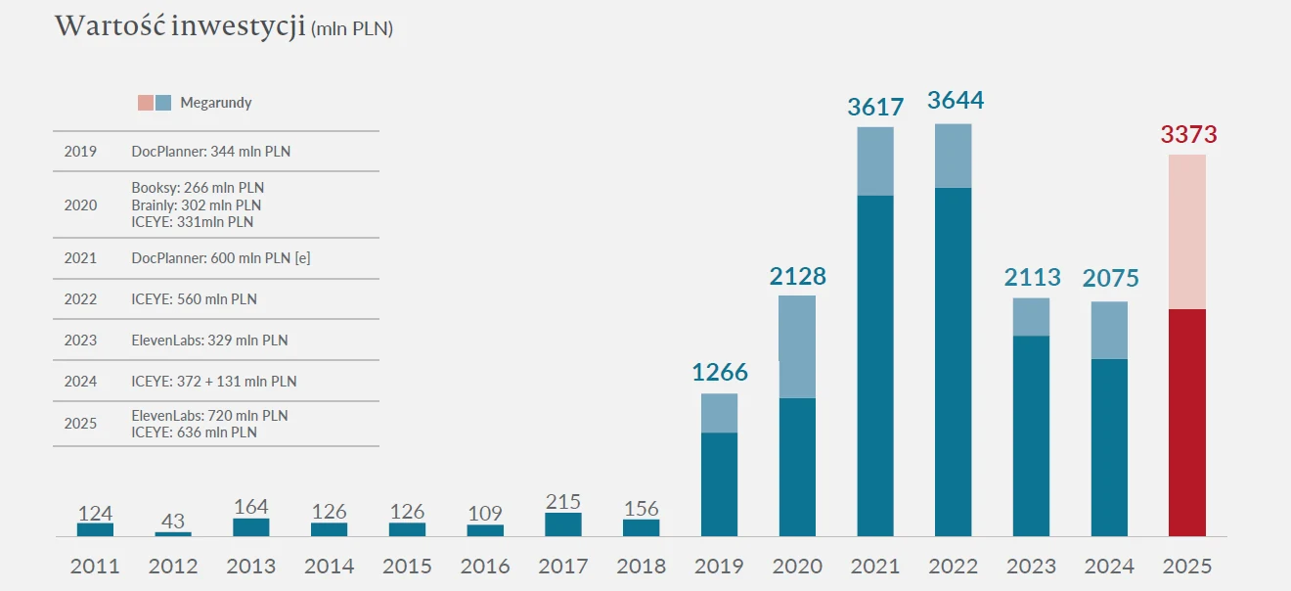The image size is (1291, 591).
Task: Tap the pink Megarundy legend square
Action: pyautogui.click(x=146, y=103)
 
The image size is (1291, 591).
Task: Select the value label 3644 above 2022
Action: pyautogui.click(x=955, y=101)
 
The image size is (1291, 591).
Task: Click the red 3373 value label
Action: pyautogui.click(x=1188, y=134)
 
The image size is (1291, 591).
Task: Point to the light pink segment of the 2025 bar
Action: pyautogui.click(x=1187, y=232)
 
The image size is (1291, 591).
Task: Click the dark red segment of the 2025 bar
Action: pyautogui.click(x=1187, y=422)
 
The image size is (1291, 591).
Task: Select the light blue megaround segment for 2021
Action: pyautogui.click(x=875, y=161)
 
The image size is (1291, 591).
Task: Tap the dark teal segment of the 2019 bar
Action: pyautogui.click(x=720, y=484)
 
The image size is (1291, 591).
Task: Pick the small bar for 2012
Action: pyautogui.click(x=173, y=533)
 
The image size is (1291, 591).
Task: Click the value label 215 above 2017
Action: pyautogui.click(x=563, y=502)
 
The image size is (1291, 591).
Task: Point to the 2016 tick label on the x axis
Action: pyautogui.click(x=485, y=567)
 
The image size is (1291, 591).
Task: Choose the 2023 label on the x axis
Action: pyautogui.click(x=1031, y=567)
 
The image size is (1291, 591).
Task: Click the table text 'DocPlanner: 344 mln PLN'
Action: pyautogui.click(x=210, y=152)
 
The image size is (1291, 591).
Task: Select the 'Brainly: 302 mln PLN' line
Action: pyautogui.click(x=196, y=205)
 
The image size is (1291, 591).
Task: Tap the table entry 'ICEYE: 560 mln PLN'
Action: pyautogui.click(x=194, y=299)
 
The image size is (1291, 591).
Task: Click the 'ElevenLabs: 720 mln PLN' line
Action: pyautogui.click(x=209, y=416)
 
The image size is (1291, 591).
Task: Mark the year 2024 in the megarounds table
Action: pyautogui.click(x=80, y=382)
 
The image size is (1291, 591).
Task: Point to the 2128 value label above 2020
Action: pyautogui.click(x=797, y=277)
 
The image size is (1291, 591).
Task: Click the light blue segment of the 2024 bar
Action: pyautogui.click(x=1109, y=331)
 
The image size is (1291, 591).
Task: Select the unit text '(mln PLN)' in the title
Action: pyautogui.click(x=351, y=29)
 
